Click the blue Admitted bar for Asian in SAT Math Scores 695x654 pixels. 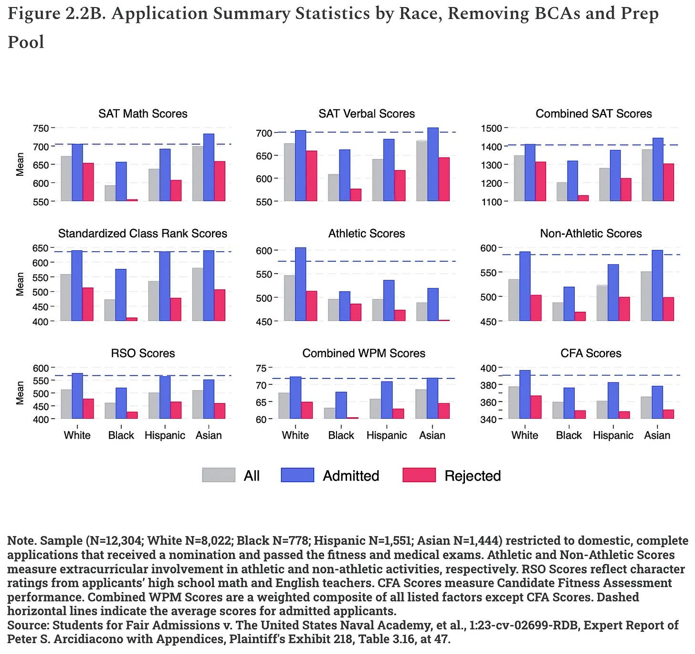coord(209,167)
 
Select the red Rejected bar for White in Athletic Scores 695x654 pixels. coord(312,306)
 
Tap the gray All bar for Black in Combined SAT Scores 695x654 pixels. coord(562,191)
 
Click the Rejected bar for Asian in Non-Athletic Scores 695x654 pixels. coord(668,309)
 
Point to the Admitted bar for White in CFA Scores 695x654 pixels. coord(525,394)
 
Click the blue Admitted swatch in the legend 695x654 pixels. coord(297,475)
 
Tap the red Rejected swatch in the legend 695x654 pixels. coord(419,475)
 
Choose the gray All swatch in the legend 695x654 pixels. coord(219,475)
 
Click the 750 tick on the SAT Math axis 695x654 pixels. coord(41,128)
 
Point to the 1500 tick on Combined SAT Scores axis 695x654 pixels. coord(492,128)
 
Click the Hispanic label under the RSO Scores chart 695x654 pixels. coord(165,435)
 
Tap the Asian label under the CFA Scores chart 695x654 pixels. coord(657,435)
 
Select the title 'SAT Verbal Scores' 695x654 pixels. coord(367,114)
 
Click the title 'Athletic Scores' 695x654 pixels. coord(367,233)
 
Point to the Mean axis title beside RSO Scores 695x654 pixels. coord(20,392)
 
